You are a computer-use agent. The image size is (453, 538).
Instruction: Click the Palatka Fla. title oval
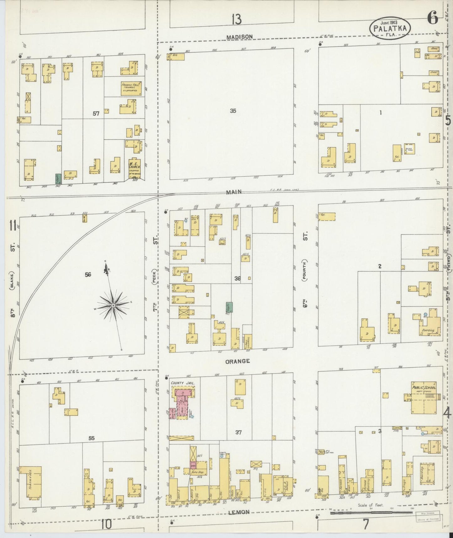coord(390,28)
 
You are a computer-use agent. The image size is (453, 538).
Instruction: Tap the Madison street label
coord(240,37)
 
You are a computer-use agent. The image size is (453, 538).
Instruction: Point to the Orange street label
coord(238,361)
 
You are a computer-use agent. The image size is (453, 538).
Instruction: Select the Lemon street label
coord(239,512)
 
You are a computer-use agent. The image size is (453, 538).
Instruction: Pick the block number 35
coord(233,111)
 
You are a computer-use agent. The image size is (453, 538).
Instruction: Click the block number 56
coord(88,275)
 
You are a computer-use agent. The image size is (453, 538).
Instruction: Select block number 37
coord(239,433)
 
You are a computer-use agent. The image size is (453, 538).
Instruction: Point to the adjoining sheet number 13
coord(237,20)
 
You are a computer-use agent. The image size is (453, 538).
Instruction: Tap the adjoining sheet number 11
coord(13,225)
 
